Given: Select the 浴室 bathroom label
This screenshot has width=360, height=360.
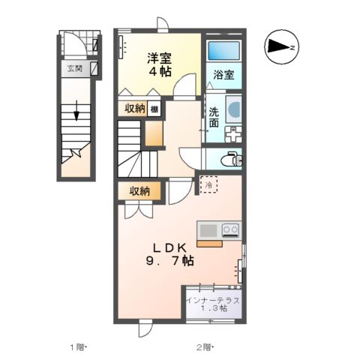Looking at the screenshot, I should tap(223, 75).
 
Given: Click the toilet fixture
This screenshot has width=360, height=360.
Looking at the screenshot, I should tap(230, 158).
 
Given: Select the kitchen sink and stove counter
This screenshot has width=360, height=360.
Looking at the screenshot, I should tap(218, 230).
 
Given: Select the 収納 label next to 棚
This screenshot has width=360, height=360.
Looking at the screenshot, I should tap(134, 109).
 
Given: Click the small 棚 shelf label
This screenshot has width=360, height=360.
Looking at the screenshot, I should tap(153, 109).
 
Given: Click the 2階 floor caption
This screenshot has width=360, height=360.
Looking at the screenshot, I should tap(204, 347).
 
